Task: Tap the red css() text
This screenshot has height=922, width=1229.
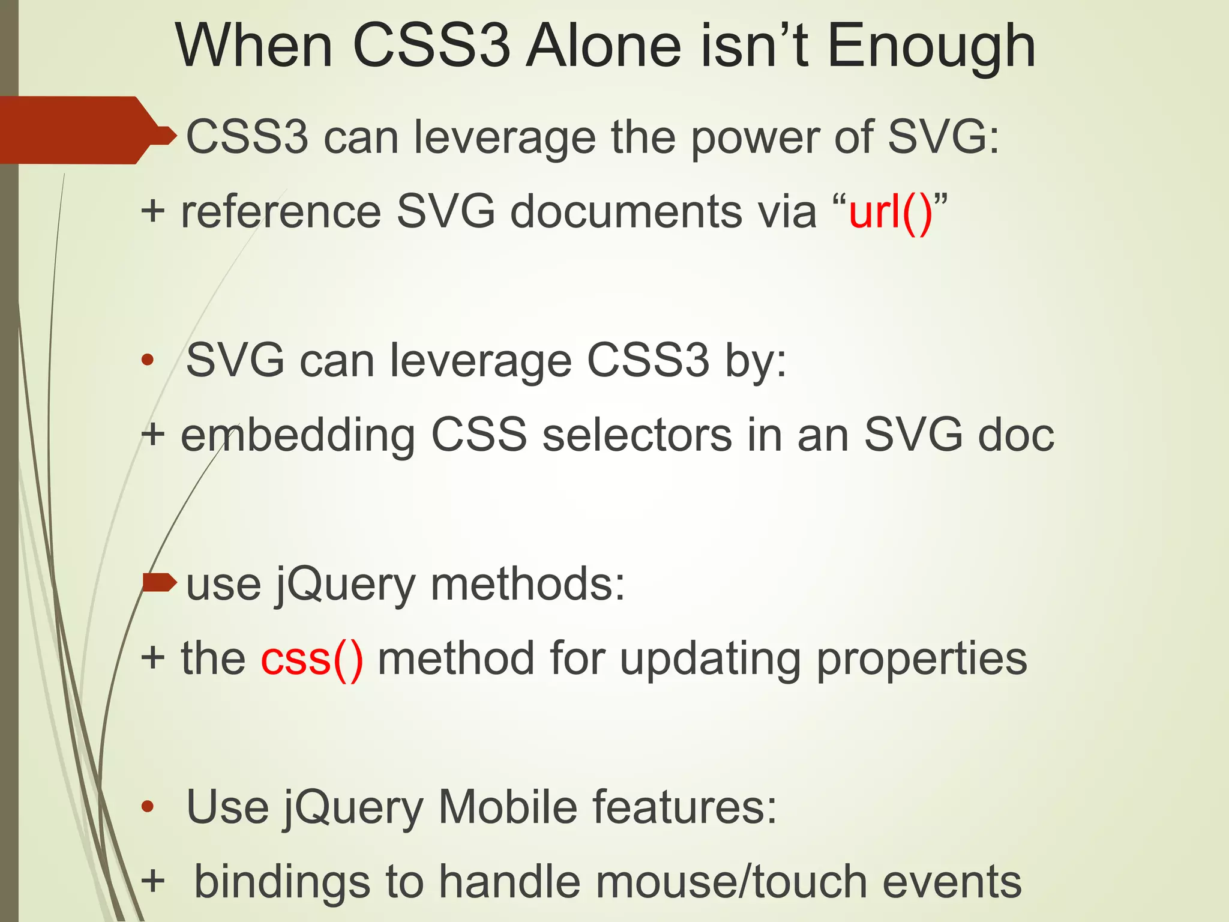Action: [x=312, y=659]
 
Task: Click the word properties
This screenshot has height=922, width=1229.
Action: [x=922, y=659]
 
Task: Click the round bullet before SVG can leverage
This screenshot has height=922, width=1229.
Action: [x=148, y=361]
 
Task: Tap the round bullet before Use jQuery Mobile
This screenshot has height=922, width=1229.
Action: [x=148, y=807]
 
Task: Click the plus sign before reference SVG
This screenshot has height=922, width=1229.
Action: [x=153, y=211]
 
